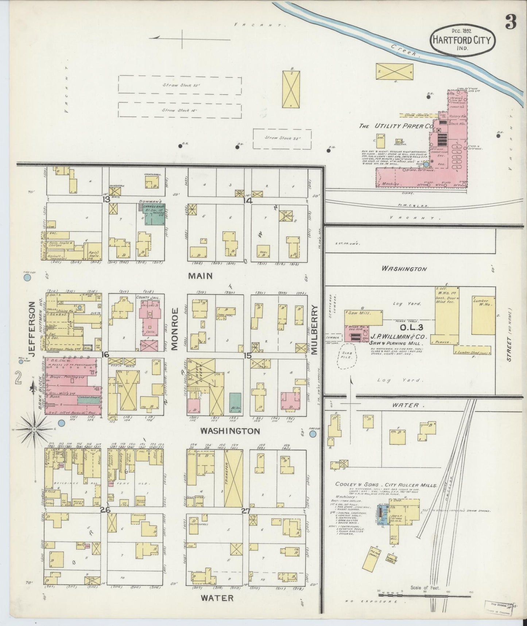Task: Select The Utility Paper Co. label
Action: point(396,126)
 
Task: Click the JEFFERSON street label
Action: point(32,329)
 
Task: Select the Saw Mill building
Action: point(364,317)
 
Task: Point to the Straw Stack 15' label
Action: point(179,110)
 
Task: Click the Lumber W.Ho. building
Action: point(483,315)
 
